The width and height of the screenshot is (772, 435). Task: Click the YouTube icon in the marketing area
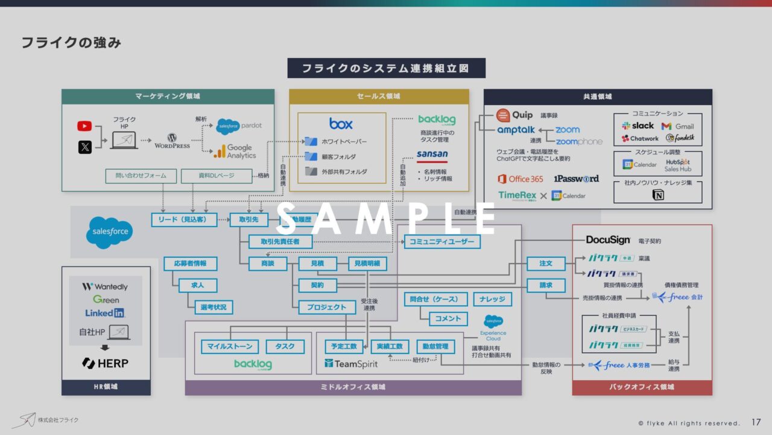84,126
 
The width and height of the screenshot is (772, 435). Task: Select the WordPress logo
172,141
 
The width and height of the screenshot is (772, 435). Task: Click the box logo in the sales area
341,123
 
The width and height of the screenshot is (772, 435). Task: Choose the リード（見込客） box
185,220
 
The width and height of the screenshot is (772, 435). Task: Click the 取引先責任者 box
282,242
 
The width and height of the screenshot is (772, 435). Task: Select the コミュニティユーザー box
442,242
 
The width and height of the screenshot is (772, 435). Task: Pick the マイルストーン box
230,346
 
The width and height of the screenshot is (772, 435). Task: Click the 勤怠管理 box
435,346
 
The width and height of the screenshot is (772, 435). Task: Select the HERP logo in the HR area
106,363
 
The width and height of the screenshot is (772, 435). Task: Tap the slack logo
638,126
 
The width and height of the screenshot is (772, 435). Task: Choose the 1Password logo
576,179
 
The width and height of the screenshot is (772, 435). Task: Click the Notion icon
658,195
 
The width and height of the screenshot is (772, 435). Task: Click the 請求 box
546,285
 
